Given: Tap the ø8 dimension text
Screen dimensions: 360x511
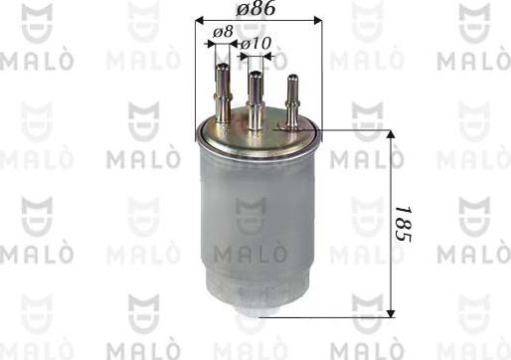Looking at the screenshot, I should coord(223,31).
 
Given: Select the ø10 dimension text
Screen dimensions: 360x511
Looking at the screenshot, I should coord(256,45).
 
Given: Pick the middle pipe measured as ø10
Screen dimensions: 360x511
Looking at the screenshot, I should coord(256,99).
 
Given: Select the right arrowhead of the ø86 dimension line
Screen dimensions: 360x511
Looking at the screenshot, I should coord(317,20).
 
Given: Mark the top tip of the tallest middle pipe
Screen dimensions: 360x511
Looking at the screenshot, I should coord(256,74).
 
